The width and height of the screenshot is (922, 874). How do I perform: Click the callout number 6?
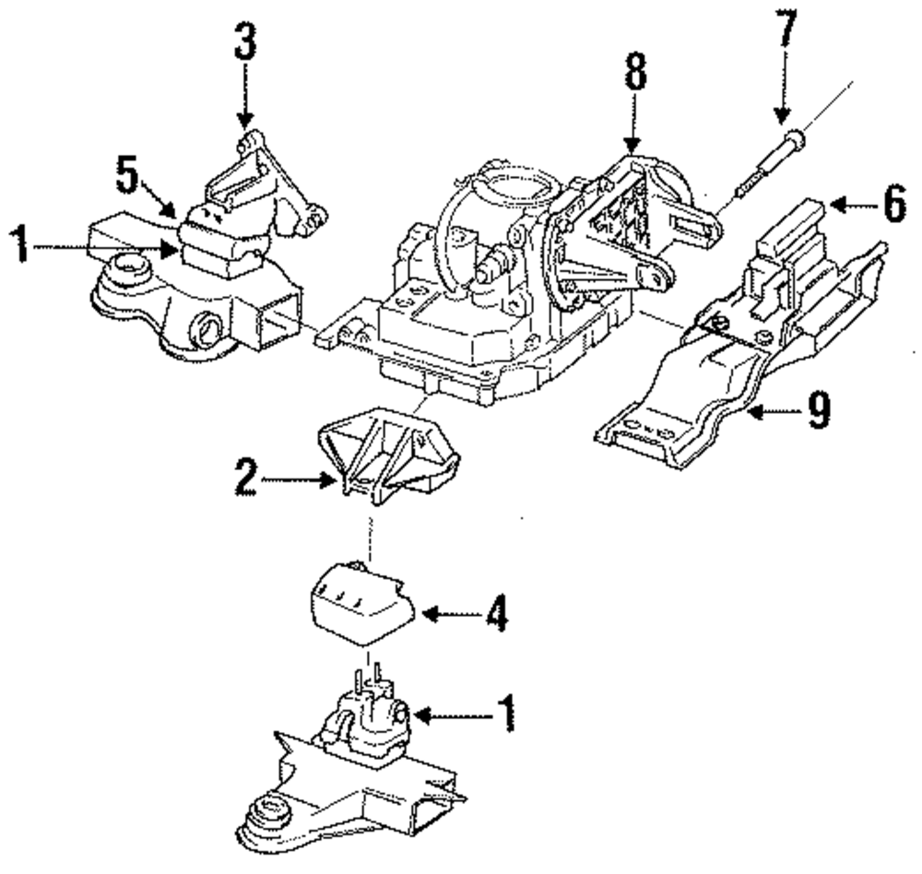[892, 207]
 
